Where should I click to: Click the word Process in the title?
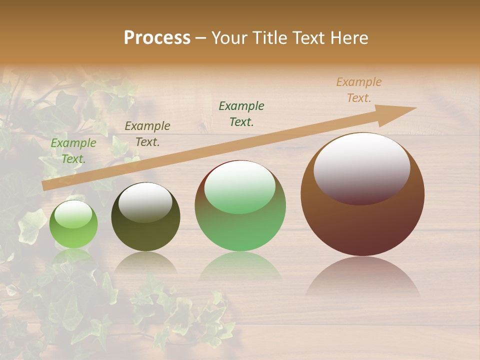point(157,38)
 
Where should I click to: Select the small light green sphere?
point(73,224)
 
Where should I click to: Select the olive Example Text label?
point(147,134)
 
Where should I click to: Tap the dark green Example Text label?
point(241,113)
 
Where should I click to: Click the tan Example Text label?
point(359,90)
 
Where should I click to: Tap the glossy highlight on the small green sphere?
point(73,214)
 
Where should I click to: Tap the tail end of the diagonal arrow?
point(46,186)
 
